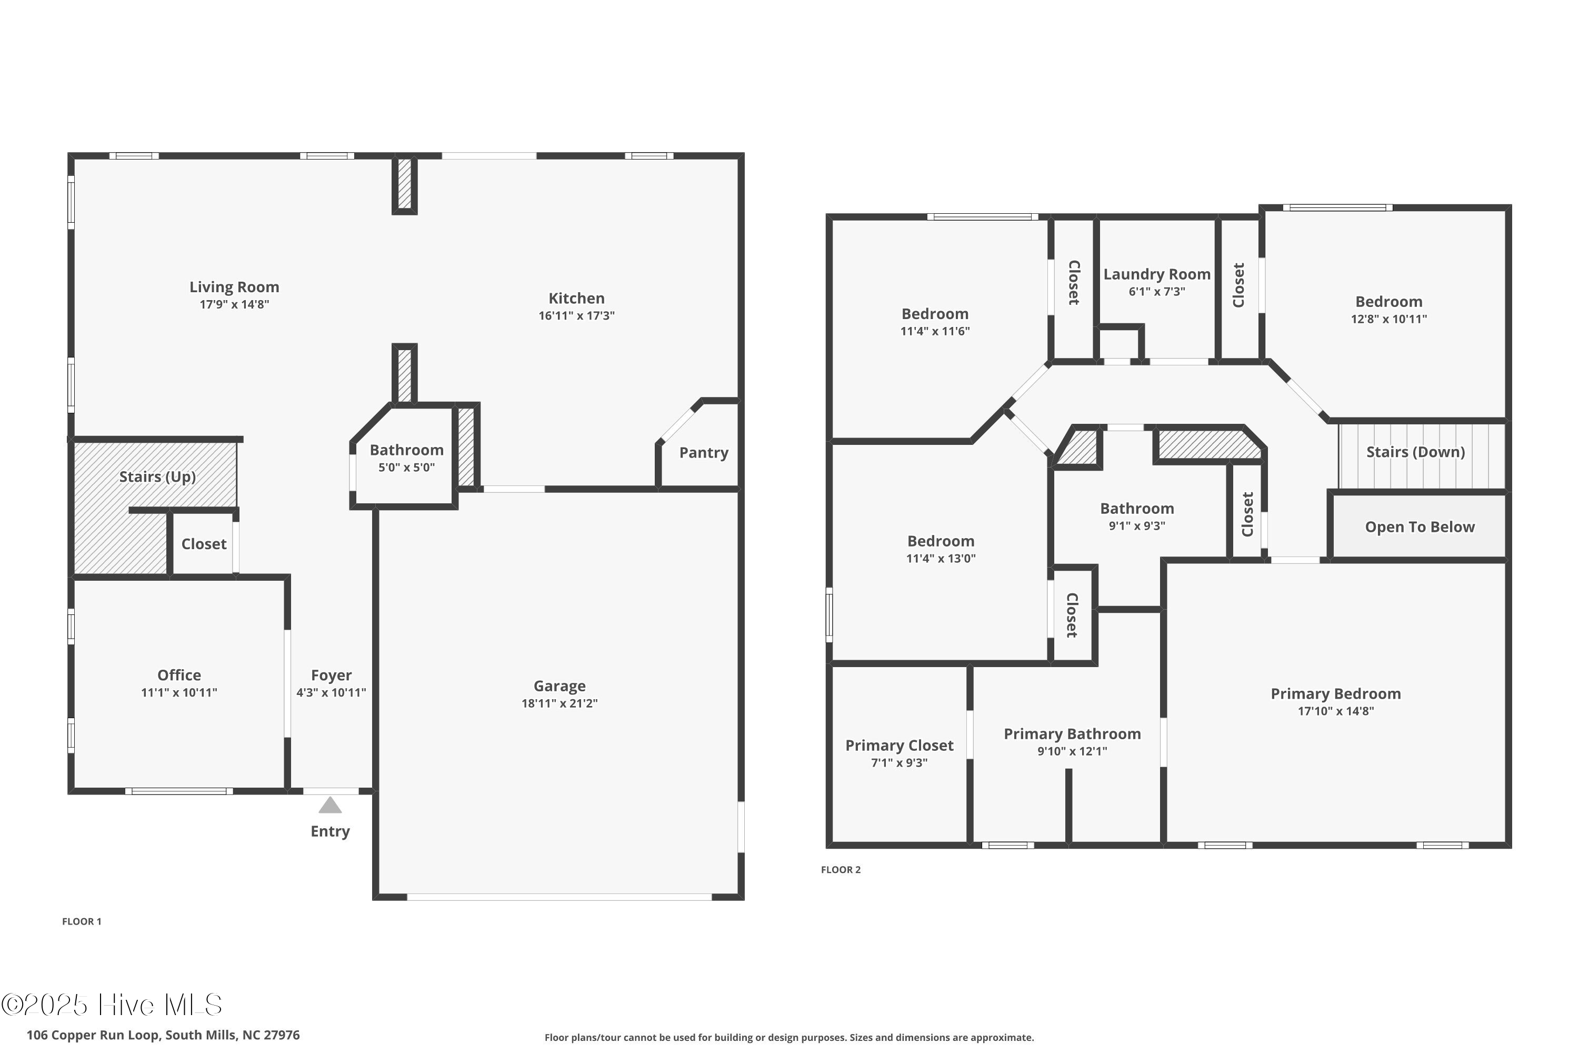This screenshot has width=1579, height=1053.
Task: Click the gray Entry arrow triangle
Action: point(329,805)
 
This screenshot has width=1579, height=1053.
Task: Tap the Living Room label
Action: point(234,287)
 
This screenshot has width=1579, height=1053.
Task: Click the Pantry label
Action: point(704,453)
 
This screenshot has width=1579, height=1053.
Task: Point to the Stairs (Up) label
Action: point(158,477)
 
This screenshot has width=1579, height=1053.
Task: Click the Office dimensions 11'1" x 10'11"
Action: point(179,693)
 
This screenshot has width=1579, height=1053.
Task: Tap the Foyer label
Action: point(331,675)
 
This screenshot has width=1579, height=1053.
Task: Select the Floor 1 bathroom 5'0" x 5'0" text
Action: point(406,468)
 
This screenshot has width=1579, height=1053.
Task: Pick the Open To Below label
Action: point(1420,527)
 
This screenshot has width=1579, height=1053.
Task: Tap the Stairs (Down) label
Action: point(1416,452)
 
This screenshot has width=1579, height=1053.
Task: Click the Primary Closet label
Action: point(899,746)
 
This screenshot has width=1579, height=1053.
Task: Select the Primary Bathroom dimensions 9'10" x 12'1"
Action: point(1072,751)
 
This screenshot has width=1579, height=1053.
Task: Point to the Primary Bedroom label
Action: point(1335,694)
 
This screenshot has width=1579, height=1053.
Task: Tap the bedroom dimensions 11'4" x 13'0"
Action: point(941,559)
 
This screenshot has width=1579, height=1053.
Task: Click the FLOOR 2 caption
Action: point(841,870)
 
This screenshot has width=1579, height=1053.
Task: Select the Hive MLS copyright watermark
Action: point(112,1005)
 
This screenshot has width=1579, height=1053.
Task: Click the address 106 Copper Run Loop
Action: point(163,1035)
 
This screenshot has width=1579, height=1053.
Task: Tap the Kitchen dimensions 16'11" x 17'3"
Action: point(576,315)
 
